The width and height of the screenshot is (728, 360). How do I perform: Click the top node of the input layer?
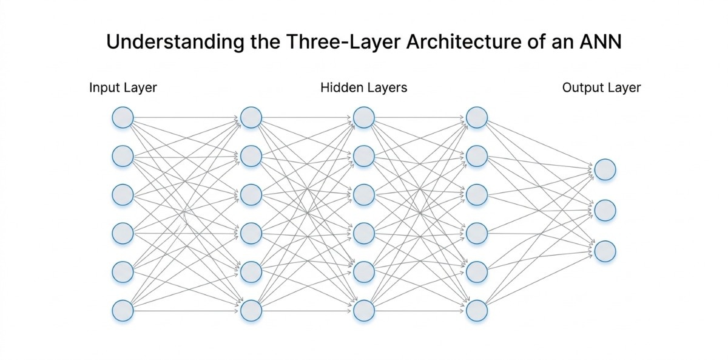(x=123, y=117)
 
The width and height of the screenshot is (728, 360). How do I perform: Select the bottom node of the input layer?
(x=123, y=310)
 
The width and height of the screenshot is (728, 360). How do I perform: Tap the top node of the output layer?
(x=605, y=169)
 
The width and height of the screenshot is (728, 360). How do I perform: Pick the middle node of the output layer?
(x=605, y=211)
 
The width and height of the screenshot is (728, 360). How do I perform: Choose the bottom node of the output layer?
(x=605, y=251)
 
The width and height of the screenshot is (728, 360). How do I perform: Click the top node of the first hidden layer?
(x=251, y=117)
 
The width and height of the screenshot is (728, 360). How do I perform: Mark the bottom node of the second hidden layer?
(x=363, y=310)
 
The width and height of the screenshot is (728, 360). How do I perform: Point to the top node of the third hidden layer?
(x=476, y=117)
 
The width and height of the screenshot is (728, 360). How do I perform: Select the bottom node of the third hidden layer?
(x=476, y=310)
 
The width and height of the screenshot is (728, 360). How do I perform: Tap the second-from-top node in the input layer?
(x=123, y=156)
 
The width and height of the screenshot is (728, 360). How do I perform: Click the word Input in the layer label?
(x=104, y=88)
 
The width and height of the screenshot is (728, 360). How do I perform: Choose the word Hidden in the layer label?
(x=341, y=87)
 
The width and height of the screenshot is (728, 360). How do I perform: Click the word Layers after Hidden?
(x=386, y=88)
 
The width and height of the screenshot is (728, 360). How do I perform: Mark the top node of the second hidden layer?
(x=363, y=117)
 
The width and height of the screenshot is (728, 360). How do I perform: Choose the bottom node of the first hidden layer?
(x=251, y=310)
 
